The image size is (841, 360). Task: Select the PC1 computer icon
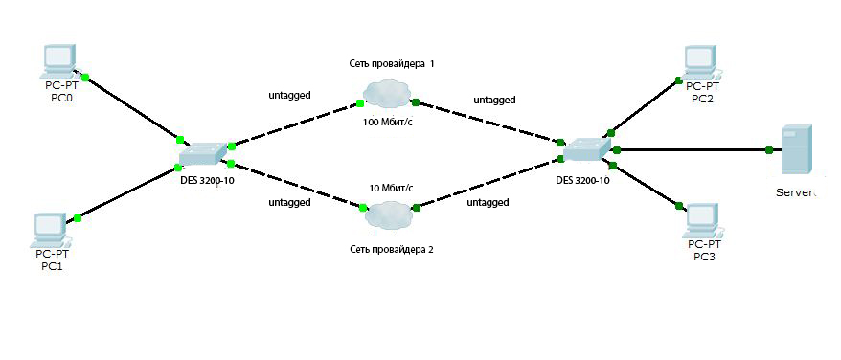coord(50,230)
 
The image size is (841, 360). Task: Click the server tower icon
coord(797,149)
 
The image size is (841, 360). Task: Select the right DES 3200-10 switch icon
coord(588,149)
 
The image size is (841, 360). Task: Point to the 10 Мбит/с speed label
coord(392,188)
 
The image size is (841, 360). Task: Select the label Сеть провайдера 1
coord(391,63)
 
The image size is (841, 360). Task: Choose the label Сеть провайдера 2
coord(392,249)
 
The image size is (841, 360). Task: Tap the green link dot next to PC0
coord(84,78)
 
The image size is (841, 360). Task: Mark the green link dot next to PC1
coord(78,218)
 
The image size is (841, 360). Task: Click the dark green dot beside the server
coord(769,149)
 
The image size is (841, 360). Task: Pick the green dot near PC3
coord(678,206)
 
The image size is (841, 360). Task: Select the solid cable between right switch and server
coord(693,149)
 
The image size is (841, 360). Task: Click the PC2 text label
coord(703,99)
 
